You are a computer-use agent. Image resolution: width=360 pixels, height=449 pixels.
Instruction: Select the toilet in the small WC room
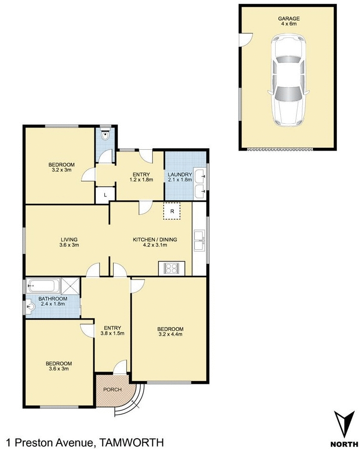(106, 136)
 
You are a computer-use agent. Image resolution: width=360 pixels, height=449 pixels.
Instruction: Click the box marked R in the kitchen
(172, 212)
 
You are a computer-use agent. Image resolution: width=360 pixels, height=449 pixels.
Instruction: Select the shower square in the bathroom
(72, 285)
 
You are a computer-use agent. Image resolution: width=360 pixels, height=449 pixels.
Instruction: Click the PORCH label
(113, 390)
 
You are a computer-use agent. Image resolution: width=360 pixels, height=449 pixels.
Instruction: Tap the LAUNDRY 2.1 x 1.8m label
(180, 177)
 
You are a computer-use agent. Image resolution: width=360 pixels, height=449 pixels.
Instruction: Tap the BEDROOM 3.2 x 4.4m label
(170, 331)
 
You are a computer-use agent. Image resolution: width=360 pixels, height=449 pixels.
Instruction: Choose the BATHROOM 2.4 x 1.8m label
(52, 301)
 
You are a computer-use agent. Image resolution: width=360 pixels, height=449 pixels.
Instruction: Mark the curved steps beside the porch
(132, 404)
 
